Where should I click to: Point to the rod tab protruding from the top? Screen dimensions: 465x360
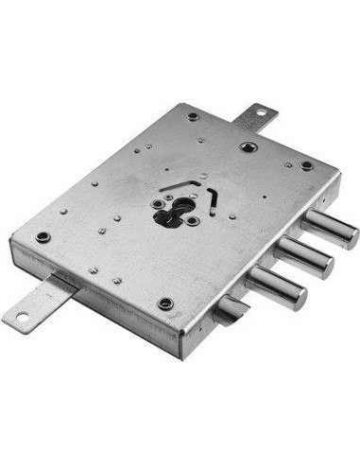[252, 117]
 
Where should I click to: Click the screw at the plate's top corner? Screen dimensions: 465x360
[194, 116]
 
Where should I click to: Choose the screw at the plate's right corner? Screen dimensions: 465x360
[306, 165]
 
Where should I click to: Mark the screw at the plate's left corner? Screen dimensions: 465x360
[42, 236]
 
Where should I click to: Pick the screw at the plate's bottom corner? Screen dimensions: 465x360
[165, 304]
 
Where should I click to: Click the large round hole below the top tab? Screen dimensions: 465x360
[247, 146]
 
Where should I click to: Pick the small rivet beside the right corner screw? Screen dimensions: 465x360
[288, 164]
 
